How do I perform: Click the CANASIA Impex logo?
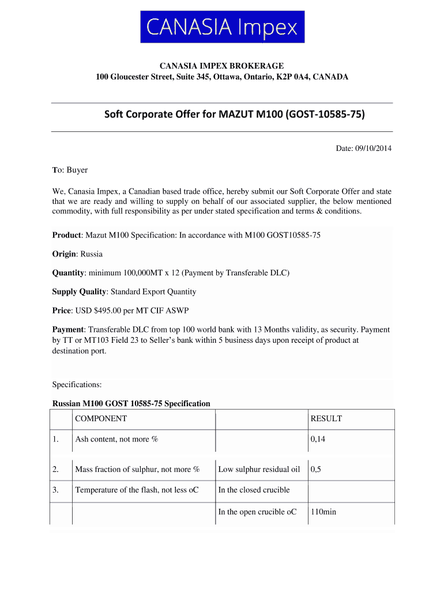(x=222, y=27)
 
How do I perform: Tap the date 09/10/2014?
(x=373, y=149)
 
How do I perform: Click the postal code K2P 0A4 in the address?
(x=294, y=77)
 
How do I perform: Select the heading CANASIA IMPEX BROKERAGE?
(x=222, y=66)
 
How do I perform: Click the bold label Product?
(x=67, y=235)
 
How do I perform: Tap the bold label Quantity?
(x=69, y=273)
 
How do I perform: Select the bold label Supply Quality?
(x=79, y=292)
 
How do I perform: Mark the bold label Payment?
(x=68, y=330)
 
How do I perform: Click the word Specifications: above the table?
(x=77, y=384)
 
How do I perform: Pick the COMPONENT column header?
(x=101, y=419)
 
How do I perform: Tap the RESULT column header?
(x=326, y=419)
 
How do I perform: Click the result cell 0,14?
(x=318, y=440)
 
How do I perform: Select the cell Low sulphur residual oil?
(x=259, y=470)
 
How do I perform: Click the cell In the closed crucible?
(x=254, y=490)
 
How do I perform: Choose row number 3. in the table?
(x=56, y=490)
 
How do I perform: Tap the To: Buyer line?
(x=70, y=170)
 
